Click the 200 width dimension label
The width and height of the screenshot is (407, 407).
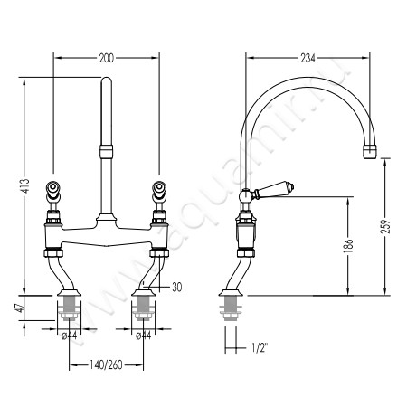pos(107,58)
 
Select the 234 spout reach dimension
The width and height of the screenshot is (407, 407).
pos(308,58)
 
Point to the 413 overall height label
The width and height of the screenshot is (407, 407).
pos(26,186)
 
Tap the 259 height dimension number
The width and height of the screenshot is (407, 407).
pos(385,226)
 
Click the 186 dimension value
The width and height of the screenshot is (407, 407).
pos(348,246)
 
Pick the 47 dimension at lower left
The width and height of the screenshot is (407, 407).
pos(19,308)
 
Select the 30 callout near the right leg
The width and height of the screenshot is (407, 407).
pos(177,287)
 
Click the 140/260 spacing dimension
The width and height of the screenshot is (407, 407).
pos(106,365)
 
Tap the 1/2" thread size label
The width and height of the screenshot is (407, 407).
pos(260,348)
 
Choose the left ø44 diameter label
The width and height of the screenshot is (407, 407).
pos(69,336)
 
